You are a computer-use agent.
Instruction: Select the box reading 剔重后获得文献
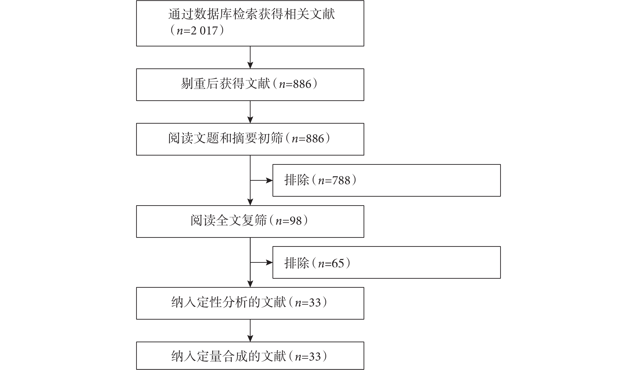click(250, 85)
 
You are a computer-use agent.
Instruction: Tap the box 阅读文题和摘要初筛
click(250, 139)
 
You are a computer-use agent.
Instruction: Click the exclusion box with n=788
click(386, 180)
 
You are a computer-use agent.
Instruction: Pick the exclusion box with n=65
click(386, 262)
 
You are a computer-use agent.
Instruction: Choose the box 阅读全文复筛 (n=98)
click(250, 221)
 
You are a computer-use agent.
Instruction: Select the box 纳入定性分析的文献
click(250, 303)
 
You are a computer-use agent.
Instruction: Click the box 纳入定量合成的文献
click(250, 356)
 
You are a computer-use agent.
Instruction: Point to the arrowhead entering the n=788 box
click(269, 180)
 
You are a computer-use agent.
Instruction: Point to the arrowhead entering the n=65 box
click(269, 263)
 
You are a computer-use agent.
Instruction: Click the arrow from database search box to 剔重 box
click(250, 57)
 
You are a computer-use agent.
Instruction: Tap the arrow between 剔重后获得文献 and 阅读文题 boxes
click(250, 112)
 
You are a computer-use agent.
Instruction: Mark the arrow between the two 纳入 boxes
click(250, 330)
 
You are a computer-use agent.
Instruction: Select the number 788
click(341, 180)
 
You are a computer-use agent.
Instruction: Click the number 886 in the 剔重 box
click(302, 84)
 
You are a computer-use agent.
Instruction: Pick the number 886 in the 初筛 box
click(315, 139)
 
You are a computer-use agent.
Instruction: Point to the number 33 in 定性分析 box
click(315, 303)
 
